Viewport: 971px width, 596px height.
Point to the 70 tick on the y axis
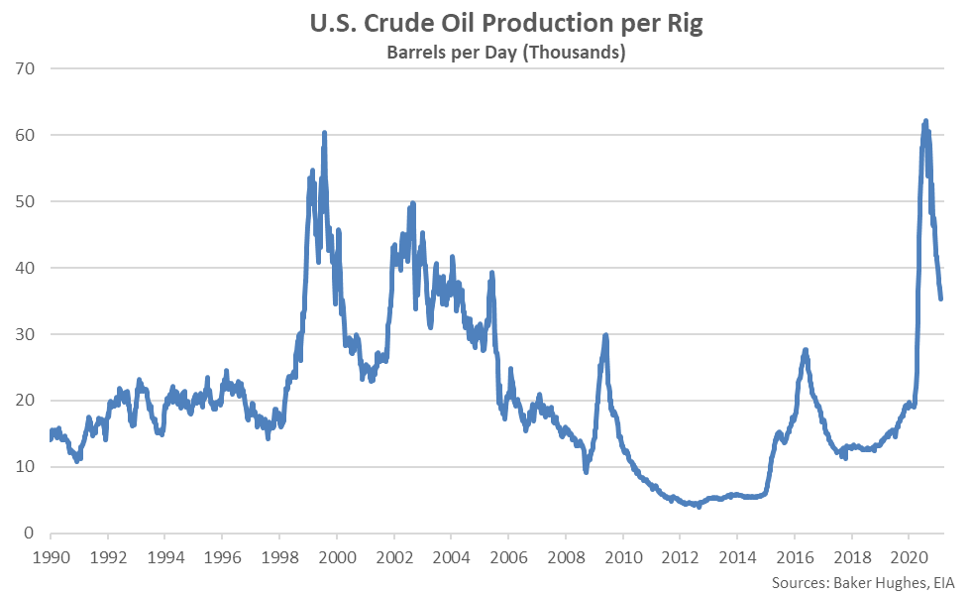pyautogui.click(x=26, y=68)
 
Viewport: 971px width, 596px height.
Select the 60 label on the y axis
pyautogui.click(x=26, y=135)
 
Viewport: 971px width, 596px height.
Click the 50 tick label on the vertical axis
pyautogui.click(x=26, y=201)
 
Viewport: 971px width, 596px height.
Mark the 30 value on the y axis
pyautogui.click(x=26, y=334)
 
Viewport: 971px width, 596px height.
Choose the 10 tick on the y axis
pyautogui.click(x=26, y=467)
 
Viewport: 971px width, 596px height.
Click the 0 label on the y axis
pyautogui.click(x=31, y=534)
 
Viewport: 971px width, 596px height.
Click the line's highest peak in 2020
pyautogui.click(x=925, y=121)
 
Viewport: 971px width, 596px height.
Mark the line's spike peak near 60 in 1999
pyautogui.click(x=324, y=133)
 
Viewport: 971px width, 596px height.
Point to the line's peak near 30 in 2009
pyautogui.click(x=605, y=335)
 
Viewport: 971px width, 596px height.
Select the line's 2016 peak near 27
pyautogui.click(x=806, y=349)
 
